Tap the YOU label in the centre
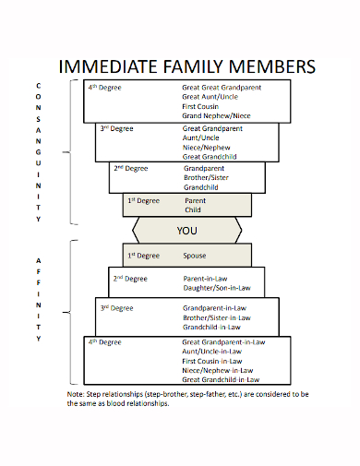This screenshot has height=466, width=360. tap(187, 230)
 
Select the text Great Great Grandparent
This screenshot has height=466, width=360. tap(222, 88)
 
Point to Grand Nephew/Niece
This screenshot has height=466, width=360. tap(216, 115)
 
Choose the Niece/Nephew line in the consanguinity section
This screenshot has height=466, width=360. tap(206, 148)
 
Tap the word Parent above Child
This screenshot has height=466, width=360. tap(195, 200)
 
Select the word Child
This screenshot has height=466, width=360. tap(193, 209)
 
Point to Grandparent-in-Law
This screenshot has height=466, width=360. tap(215, 307)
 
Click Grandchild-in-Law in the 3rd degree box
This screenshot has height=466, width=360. tap(212, 327)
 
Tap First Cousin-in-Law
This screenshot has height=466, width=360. tap(218, 361)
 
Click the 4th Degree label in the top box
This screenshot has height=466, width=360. tap(104, 88)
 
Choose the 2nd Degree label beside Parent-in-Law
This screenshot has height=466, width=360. tap(129, 278)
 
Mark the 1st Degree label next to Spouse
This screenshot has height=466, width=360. tap(143, 255)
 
